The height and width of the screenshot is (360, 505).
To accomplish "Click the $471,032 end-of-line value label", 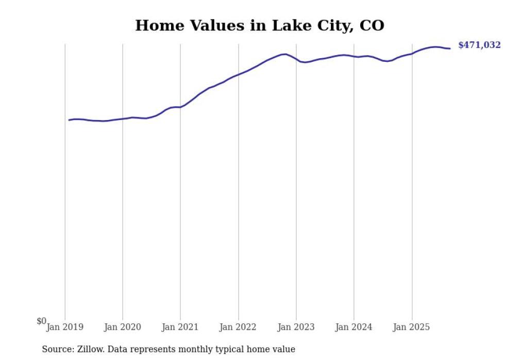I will click(479, 45).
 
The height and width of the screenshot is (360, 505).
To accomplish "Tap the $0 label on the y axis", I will click(41, 321).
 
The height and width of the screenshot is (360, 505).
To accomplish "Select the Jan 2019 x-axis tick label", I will click(65, 327).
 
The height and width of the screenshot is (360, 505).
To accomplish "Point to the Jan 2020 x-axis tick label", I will click(123, 327).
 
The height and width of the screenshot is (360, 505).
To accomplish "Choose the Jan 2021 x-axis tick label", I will click(180, 327).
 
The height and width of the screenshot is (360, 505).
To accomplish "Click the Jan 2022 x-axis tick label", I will click(238, 327).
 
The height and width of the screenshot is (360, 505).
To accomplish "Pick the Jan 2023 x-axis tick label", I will click(296, 327).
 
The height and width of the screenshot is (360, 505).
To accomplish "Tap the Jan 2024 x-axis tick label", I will click(353, 327).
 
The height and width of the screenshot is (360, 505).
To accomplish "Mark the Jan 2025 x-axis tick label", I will click(411, 327).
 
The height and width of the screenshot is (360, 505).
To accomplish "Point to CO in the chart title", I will click(372, 25).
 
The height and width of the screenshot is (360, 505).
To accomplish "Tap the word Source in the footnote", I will click(58, 349).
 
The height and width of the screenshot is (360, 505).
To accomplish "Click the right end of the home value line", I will click(450, 48).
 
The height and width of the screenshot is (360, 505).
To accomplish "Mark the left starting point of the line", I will click(69, 120).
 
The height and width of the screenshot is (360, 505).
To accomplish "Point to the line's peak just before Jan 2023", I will click(284, 54).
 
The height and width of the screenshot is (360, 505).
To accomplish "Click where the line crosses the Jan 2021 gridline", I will click(180, 107).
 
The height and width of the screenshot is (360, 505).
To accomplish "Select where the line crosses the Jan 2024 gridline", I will click(353, 56).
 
